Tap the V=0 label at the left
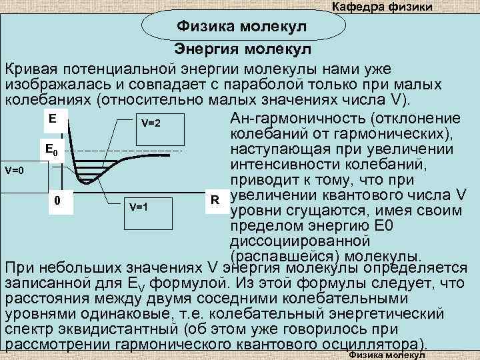[x=14, y=171]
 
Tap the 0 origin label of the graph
[x=58, y=200]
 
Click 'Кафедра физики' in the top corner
[x=382, y=7]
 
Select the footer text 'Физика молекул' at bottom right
[x=387, y=356]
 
